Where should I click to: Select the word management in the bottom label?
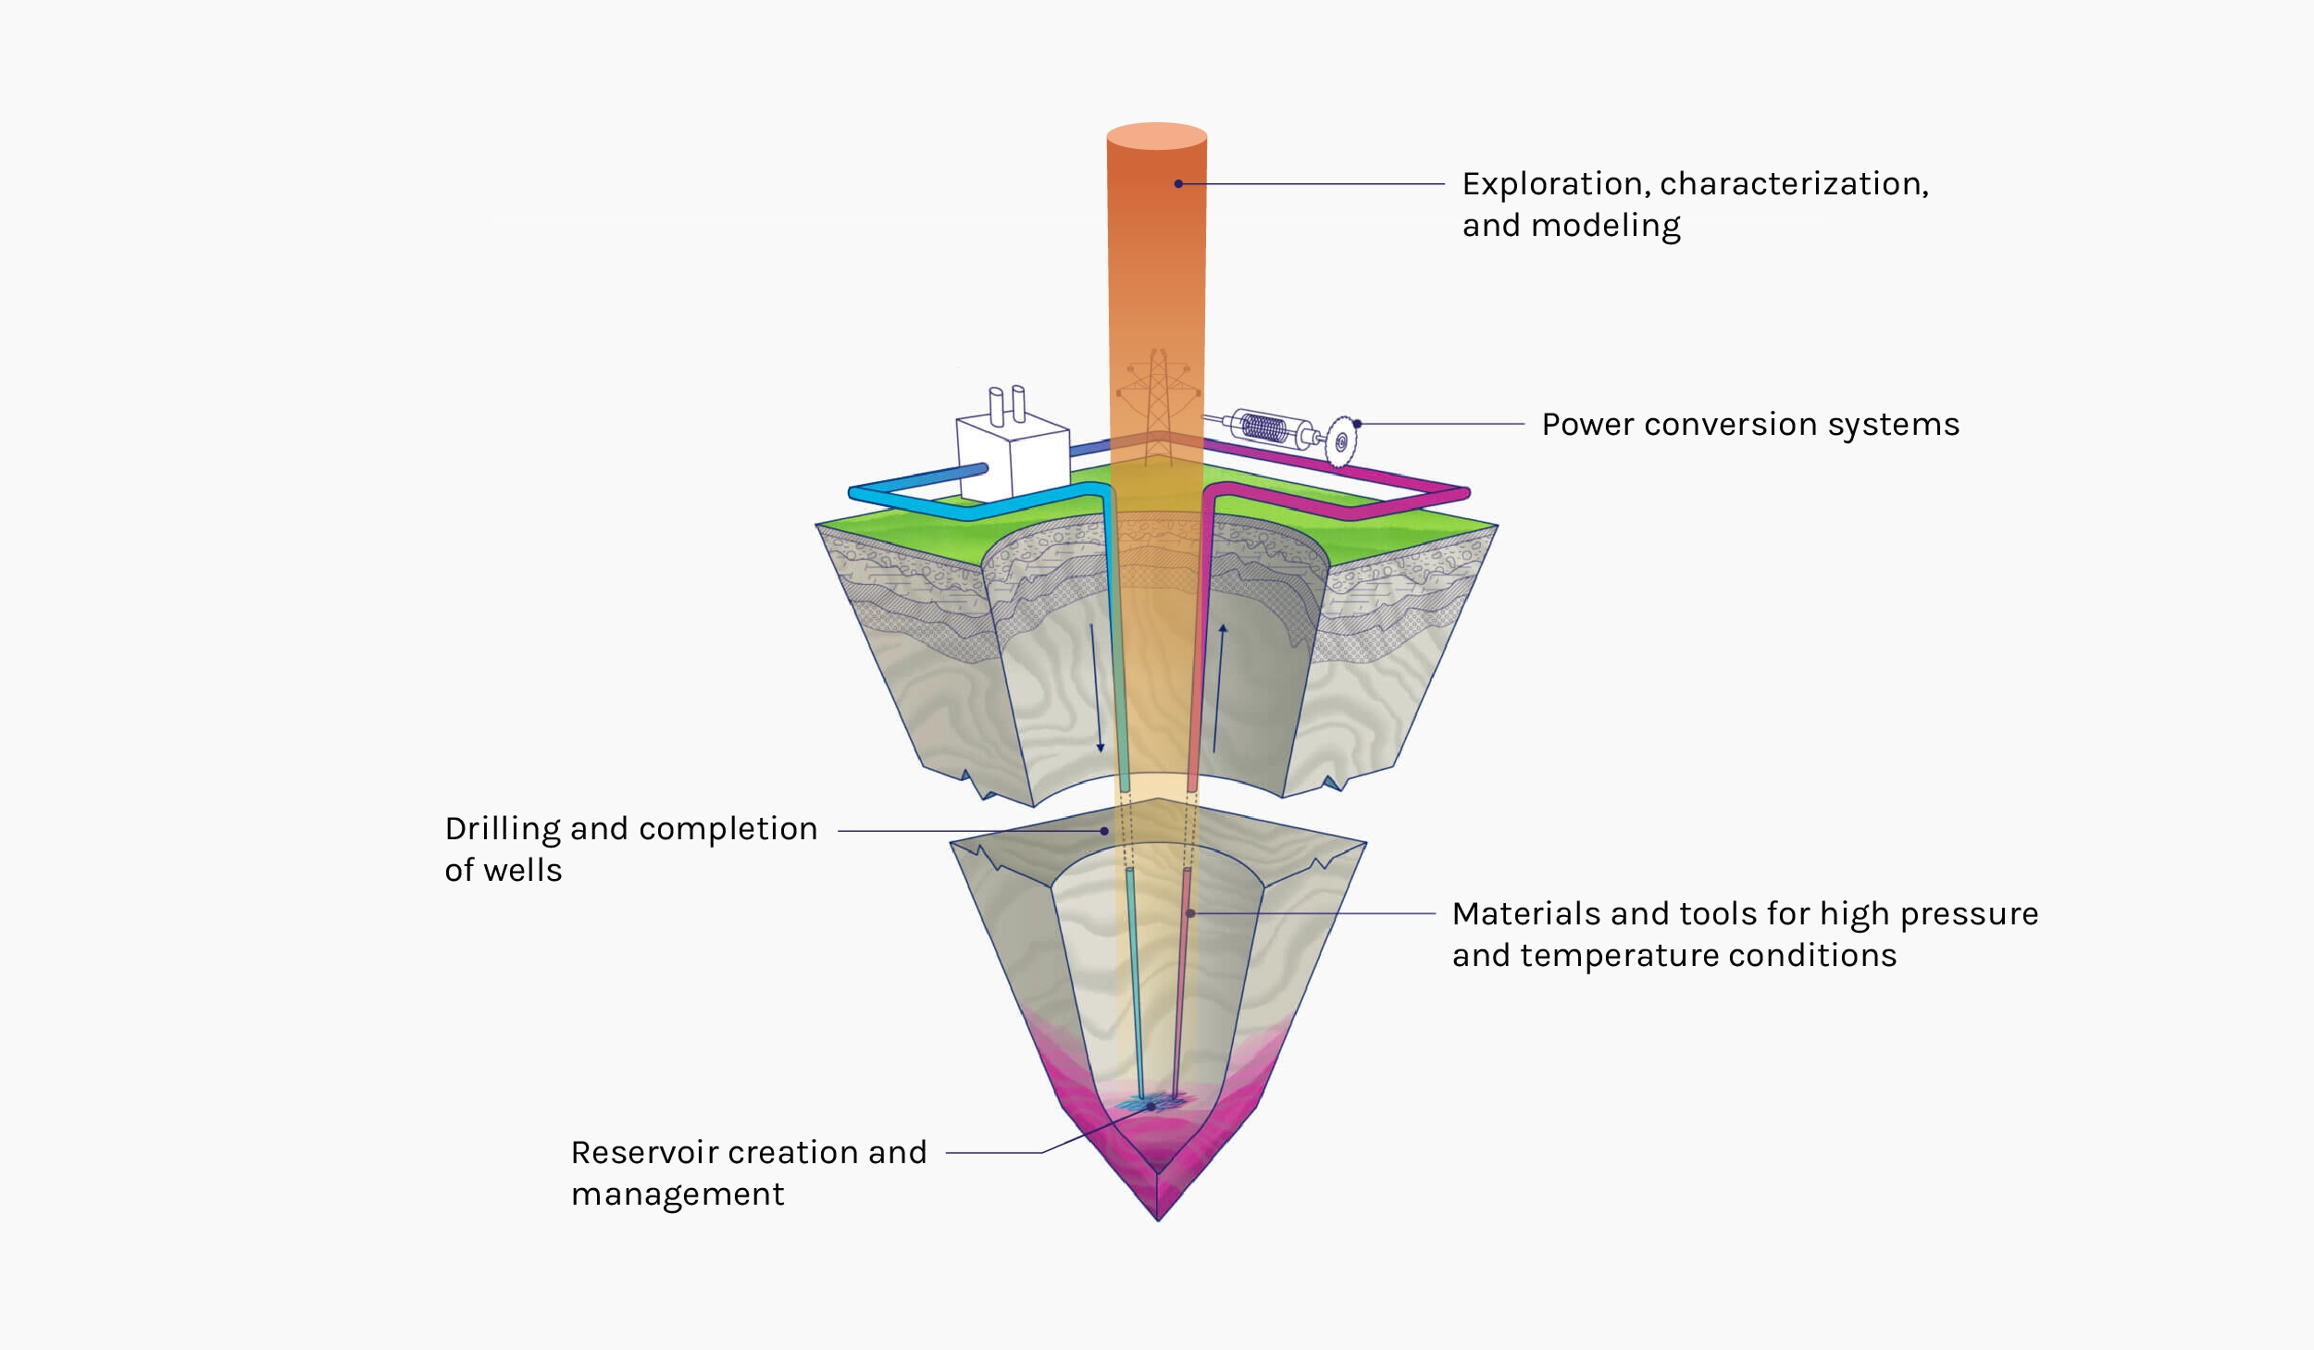pyautogui.click(x=678, y=1195)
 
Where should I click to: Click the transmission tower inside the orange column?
pyautogui.click(x=1157, y=407)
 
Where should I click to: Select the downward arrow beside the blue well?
pyautogui.click(x=1096, y=688)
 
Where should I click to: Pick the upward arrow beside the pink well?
pyautogui.click(x=1219, y=688)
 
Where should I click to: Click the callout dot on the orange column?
pyautogui.click(x=1178, y=184)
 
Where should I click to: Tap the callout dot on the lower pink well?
pyautogui.click(x=1190, y=913)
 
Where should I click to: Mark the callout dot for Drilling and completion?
pyautogui.click(x=1104, y=831)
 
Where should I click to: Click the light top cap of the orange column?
pyautogui.click(x=1157, y=136)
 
